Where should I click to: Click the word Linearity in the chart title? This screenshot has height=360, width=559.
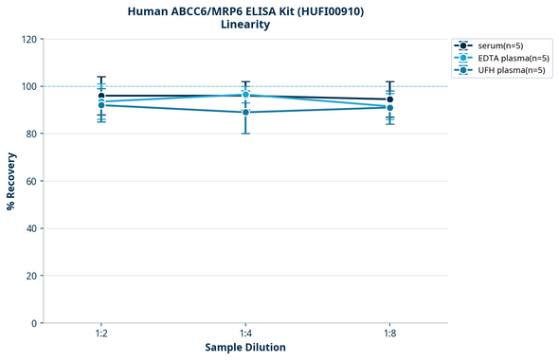point(244,25)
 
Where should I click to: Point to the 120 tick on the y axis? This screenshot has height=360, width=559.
point(29,39)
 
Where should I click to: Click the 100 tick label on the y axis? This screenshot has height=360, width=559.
point(29,86)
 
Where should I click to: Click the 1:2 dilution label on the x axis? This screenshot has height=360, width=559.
point(100,334)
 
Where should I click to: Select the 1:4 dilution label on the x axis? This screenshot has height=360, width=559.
point(245,334)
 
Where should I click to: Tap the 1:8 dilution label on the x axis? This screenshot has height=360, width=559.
point(390,334)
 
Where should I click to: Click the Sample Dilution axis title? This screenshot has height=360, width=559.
point(245,348)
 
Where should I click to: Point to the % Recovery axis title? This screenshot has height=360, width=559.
point(11,180)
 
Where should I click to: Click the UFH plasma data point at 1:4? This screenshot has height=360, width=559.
point(245,113)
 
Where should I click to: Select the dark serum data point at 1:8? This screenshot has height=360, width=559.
point(390,99)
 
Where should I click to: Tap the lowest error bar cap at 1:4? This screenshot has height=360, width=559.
point(245,134)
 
